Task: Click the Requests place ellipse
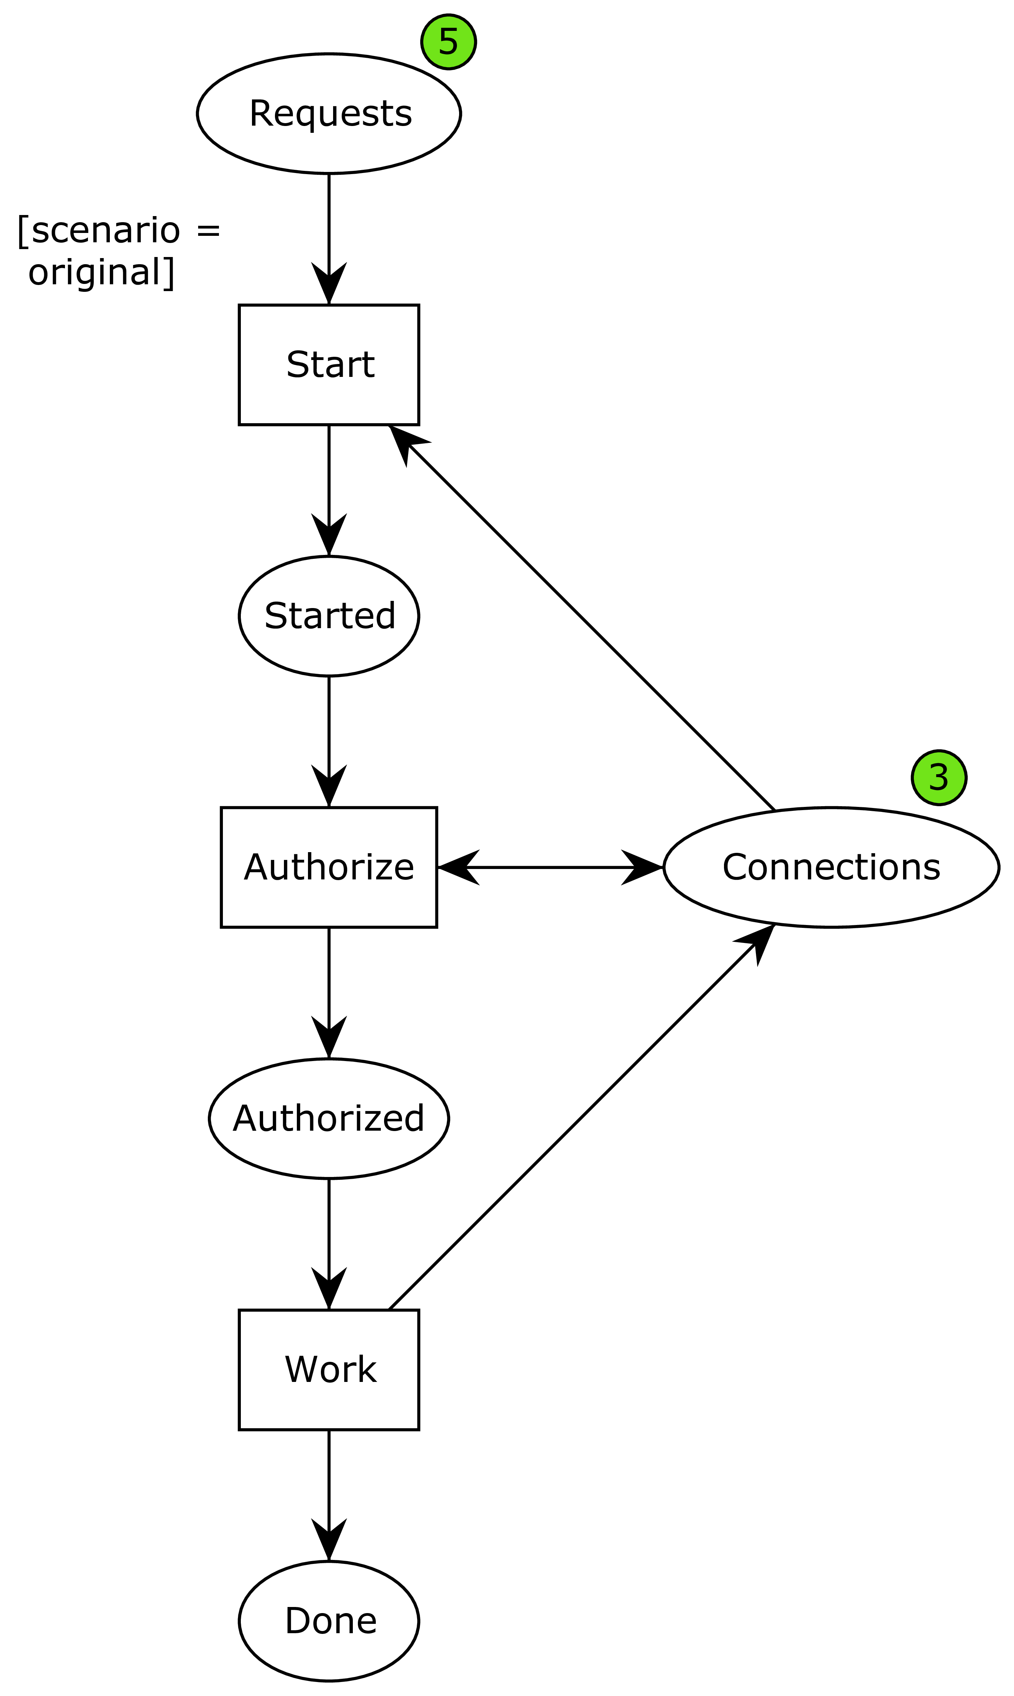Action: click(x=329, y=113)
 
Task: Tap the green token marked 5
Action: click(x=448, y=42)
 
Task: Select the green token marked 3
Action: click(x=939, y=777)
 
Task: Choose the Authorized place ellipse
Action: click(x=329, y=1118)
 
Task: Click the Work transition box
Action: click(x=329, y=1370)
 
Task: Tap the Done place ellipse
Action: click(x=329, y=1621)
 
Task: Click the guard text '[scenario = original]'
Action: click(x=118, y=251)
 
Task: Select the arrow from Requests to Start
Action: click(x=329, y=238)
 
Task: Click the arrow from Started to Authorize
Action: click(x=329, y=742)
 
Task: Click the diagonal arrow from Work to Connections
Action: click(x=581, y=1117)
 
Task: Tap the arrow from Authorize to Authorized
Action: click(x=329, y=993)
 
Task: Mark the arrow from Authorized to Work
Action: click(x=329, y=1244)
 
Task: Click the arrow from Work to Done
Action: click(x=329, y=1496)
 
